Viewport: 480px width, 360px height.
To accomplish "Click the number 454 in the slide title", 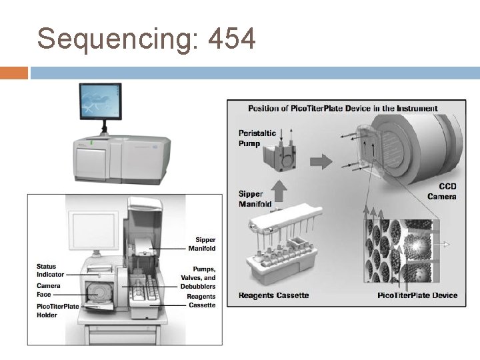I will click(231, 39).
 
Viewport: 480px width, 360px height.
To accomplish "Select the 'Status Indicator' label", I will click(51, 271).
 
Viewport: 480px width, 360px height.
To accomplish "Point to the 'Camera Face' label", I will click(48, 290).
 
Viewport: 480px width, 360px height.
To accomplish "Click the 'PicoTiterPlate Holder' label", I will click(57, 311).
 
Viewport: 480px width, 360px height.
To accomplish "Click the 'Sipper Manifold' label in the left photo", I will click(205, 244).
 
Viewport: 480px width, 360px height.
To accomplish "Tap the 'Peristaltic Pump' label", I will click(257, 138).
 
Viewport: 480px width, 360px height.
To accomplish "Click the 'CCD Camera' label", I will click(443, 192).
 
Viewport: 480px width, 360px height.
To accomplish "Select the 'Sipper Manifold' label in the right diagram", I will click(255, 199).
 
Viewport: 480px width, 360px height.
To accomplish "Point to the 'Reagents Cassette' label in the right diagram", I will click(273, 295).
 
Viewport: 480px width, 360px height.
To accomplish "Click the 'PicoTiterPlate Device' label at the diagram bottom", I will click(417, 295).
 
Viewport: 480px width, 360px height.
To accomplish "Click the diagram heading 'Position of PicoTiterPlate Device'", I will click(343, 108).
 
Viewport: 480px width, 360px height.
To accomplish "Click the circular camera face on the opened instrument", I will click(100, 293).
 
